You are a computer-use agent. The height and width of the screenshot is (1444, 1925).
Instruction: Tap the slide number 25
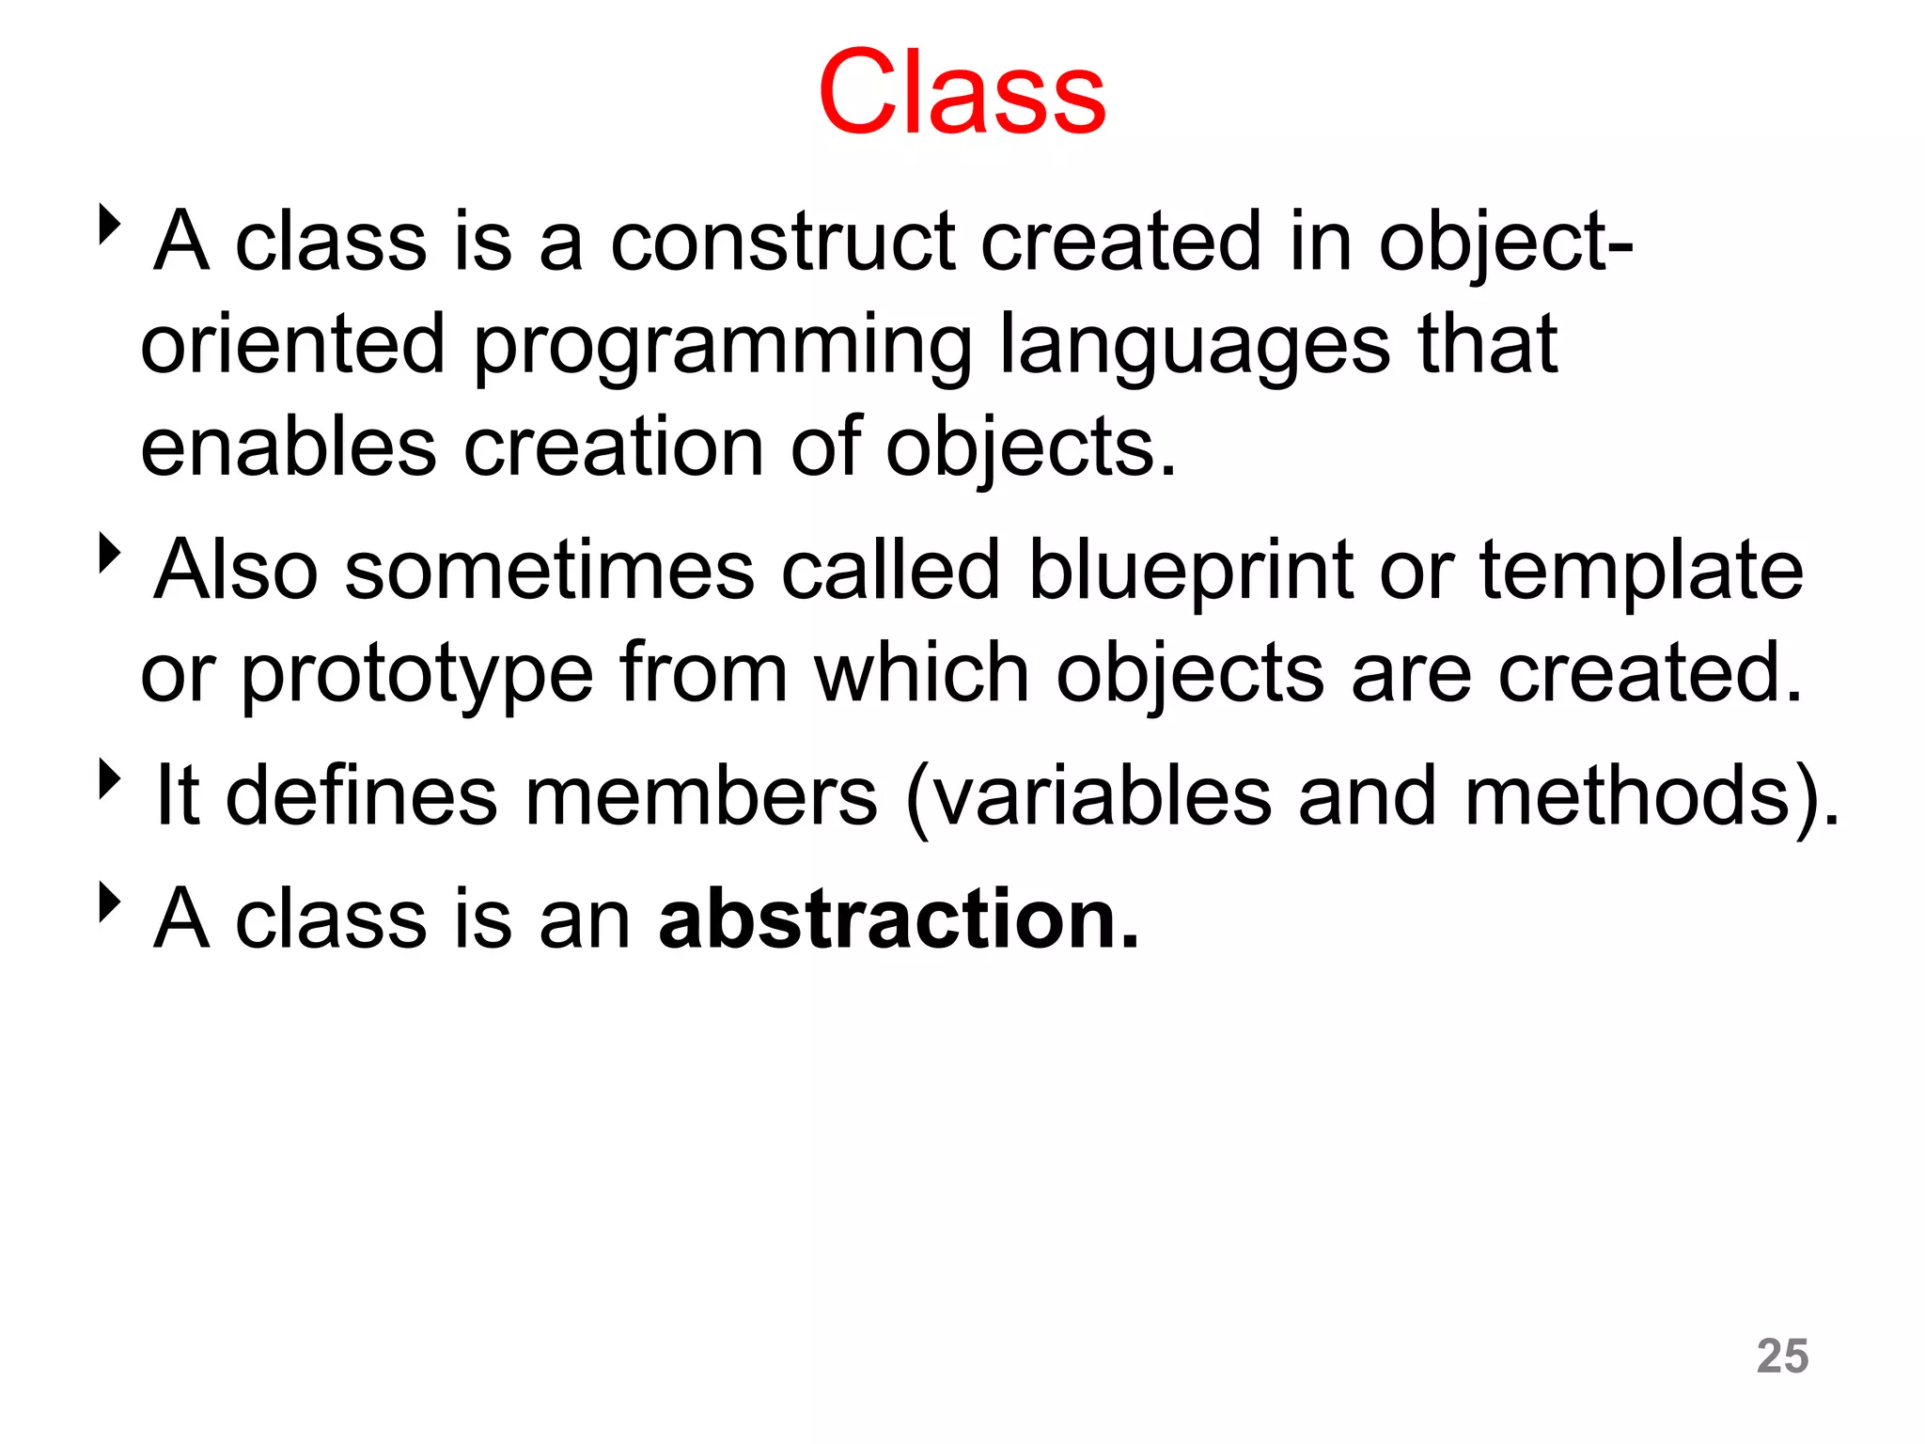(x=1782, y=1356)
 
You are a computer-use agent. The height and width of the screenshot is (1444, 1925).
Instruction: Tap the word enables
(x=288, y=447)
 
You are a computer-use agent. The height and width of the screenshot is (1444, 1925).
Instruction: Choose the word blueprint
(x=1190, y=571)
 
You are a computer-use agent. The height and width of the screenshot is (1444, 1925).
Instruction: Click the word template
(x=1641, y=571)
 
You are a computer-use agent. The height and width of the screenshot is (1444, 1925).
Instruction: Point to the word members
(x=700, y=796)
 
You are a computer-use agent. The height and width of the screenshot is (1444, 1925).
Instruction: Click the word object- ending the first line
(x=1505, y=243)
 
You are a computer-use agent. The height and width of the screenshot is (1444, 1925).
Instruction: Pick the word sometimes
(x=549, y=571)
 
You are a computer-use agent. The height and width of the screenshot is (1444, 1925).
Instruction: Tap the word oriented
(x=291, y=345)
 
